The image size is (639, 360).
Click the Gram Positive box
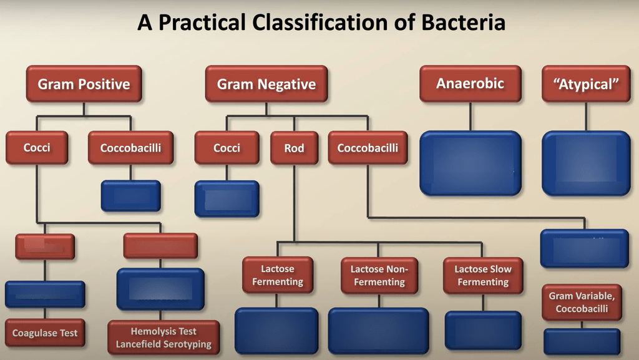pyautogui.click(x=84, y=84)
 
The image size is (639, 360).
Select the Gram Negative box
pyautogui.click(x=266, y=84)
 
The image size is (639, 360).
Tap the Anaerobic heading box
pyautogui.click(x=470, y=84)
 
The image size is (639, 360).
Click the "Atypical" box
pyautogui.click(x=586, y=84)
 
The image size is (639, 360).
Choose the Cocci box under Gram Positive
pyautogui.click(x=37, y=148)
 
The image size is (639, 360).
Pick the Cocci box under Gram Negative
pyautogui.click(x=227, y=148)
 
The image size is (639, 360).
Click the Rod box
pyautogui.click(x=294, y=148)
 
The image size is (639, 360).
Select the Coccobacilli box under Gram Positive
pyautogui.click(x=130, y=148)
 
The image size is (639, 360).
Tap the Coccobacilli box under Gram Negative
pyautogui.click(x=368, y=148)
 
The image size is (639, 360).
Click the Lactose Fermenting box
pyautogui.click(x=278, y=275)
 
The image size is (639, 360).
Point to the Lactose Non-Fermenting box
pyautogui.click(x=379, y=275)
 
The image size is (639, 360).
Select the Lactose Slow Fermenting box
pyautogui.click(x=482, y=275)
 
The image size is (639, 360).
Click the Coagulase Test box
pyautogui.click(x=45, y=333)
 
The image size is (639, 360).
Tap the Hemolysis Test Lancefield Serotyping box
pyautogui.click(x=163, y=338)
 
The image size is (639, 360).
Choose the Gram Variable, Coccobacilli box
pyautogui.click(x=582, y=303)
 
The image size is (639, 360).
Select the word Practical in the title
pyautogui.click(x=201, y=23)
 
